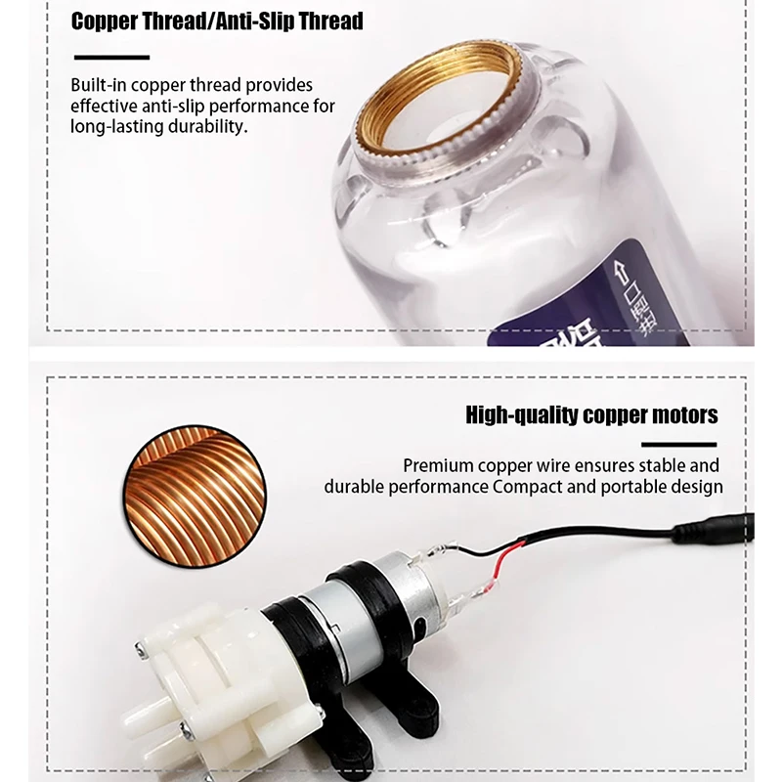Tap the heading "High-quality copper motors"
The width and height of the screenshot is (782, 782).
click(592, 415)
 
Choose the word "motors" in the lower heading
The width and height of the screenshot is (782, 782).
click(680, 415)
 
